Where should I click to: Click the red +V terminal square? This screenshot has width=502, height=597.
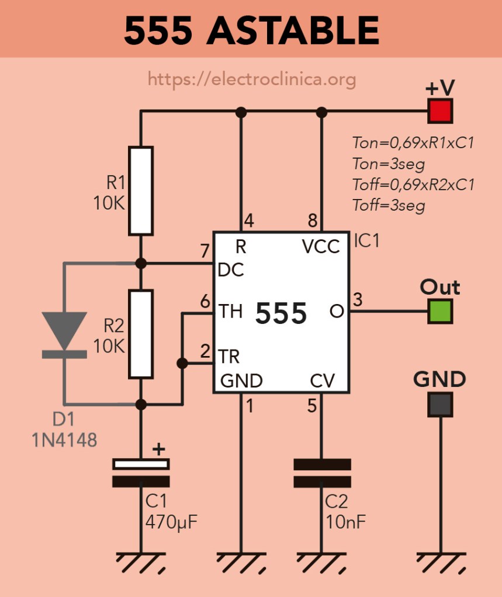point(439,111)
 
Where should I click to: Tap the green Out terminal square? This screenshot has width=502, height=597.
point(439,310)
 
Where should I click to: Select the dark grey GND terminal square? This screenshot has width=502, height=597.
point(439,404)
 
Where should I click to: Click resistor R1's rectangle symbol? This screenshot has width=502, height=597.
point(141,191)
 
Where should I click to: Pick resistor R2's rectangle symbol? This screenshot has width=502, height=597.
point(141,334)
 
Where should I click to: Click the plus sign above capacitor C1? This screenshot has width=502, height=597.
point(158,449)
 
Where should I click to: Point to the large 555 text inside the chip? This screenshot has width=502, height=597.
point(281,315)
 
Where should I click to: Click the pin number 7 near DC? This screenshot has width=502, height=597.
point(204,253)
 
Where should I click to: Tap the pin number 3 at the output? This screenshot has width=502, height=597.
point(358,300)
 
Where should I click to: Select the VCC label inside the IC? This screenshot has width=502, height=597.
point(321,247)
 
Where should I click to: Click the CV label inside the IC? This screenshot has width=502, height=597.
point(322,381)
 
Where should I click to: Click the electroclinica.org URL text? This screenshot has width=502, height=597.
point(252,78)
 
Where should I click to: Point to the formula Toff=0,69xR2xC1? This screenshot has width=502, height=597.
point(413,184)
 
